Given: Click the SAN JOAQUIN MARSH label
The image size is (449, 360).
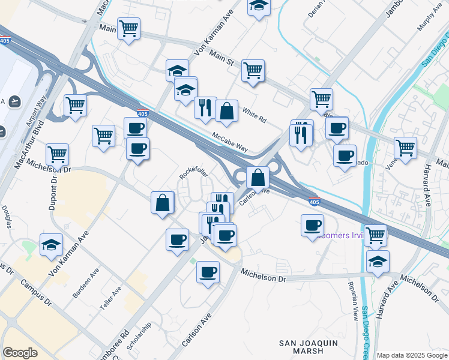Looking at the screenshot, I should click(309, 348).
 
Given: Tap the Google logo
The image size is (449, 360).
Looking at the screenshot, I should click(20, 353).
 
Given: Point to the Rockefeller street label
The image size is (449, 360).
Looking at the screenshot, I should click(193, 173).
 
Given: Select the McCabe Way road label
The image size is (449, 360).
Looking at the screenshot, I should click(230, 142).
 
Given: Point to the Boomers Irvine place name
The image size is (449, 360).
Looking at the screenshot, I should click(342, 235).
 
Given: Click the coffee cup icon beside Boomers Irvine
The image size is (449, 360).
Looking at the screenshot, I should click(312, 225).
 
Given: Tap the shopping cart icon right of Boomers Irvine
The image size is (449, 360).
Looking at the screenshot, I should click(376, 235).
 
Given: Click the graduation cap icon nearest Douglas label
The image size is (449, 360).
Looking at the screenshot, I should click(52, 244).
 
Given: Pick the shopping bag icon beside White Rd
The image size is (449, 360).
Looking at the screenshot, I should click(226, 111).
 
